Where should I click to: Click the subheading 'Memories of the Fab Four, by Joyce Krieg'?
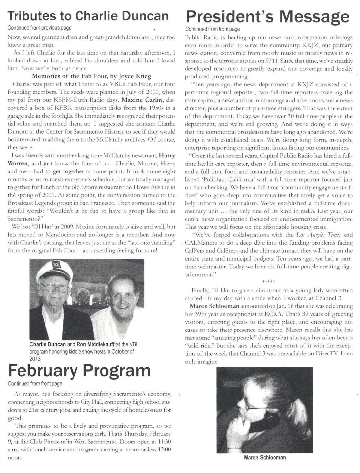[x=91, y=76]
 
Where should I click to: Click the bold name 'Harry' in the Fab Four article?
[x=167, y=155]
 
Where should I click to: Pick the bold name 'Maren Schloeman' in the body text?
[x=214, y=306]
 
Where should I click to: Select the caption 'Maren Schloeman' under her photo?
[x=265, y=458]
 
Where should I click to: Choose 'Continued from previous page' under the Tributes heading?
[x=39, y=28]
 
